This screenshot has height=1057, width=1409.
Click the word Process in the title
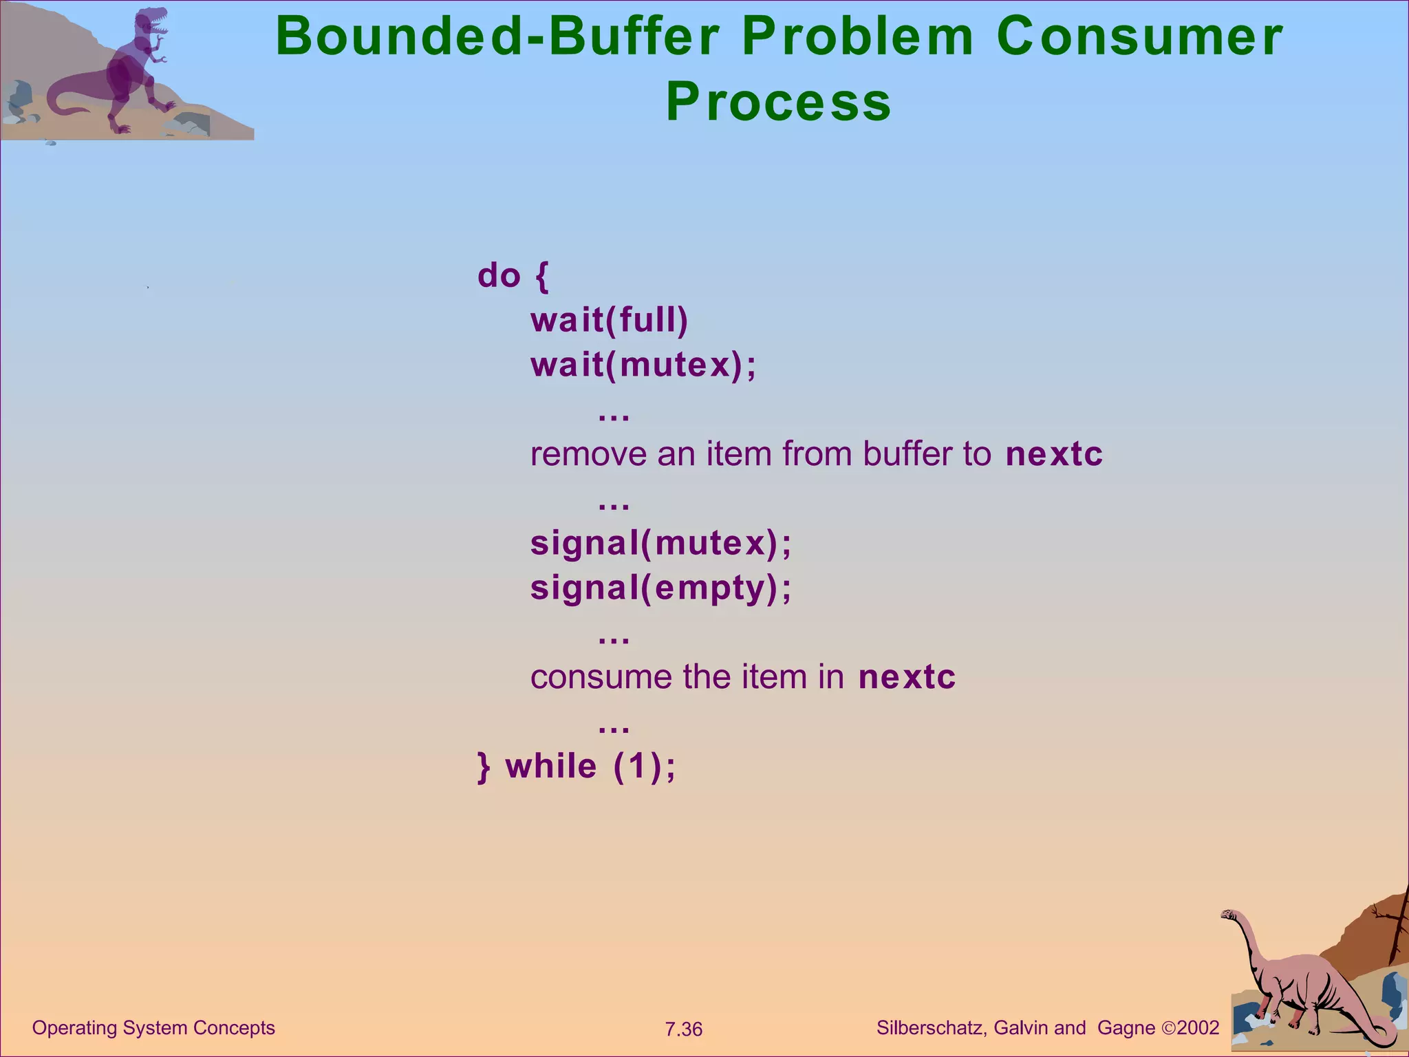(778, 102)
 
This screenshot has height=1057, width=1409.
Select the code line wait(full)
(609, 321)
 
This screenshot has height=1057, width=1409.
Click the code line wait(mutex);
(643, 365)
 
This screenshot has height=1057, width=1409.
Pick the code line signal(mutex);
(660, 543)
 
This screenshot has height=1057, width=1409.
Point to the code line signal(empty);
(660, 588)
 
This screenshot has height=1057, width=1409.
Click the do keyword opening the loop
(499, 276)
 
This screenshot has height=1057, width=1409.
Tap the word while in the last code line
(551, 767)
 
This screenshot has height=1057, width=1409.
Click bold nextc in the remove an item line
(1053, 454)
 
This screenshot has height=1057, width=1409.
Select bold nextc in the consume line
(907, 677)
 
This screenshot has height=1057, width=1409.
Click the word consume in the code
(601, 677)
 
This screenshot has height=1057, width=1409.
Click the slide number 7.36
(683, 1029)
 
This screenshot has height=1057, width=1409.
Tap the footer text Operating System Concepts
(153, 1027)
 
